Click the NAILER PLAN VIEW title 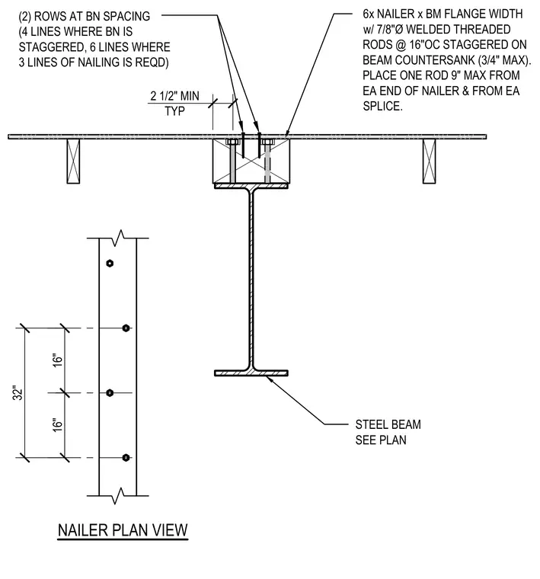coord(123,530)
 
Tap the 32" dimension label coord(18,393)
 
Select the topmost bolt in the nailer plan coord(110,264)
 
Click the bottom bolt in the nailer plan coord(126,458)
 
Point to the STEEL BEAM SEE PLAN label coord(388,432)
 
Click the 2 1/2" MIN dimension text coord(174,96)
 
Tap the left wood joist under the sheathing coord(73,161)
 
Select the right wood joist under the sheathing coord(430,161)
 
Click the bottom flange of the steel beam coord(251,373)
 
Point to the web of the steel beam coord(251,279)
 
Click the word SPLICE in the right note coord(382,107)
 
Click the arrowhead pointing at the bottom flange coord(269,379)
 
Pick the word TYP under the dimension coord(174,111)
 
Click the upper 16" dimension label coord(58,360)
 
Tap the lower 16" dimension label coord(58,425)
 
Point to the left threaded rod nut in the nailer coord(232,142)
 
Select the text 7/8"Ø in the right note coord(390,29)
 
